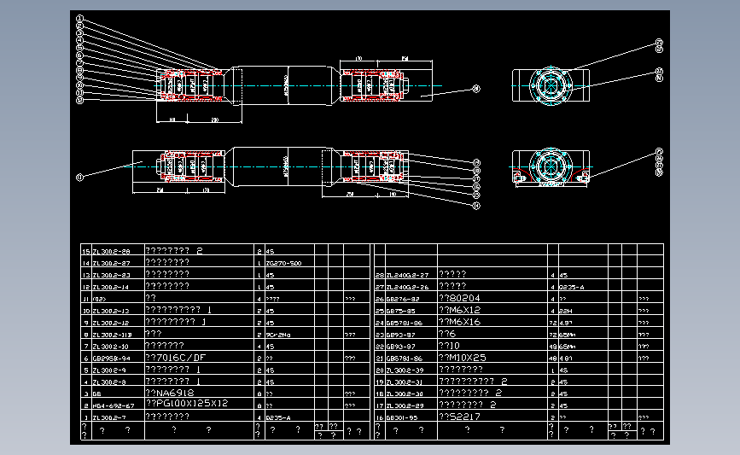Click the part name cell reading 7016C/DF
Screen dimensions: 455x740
point(177,358)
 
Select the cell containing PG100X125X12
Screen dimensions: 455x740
point(188,403)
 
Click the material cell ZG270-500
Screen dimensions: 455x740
point(285,264)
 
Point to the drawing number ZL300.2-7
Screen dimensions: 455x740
point(111,417)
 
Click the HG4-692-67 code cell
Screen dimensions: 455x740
point(113,405)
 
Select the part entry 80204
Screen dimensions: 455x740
point(461,298)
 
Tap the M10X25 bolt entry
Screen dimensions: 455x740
point(463,358)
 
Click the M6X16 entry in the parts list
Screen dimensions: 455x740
point(460,323)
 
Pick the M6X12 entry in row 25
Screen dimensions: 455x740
point(460,310)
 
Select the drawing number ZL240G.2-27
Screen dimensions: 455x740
point(407,276)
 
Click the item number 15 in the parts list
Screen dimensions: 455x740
point(84,252)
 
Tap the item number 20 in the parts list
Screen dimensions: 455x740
point(380,370)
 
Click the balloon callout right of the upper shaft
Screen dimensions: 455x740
point(476,88)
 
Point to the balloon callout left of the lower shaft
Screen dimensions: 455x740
point(79,178)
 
